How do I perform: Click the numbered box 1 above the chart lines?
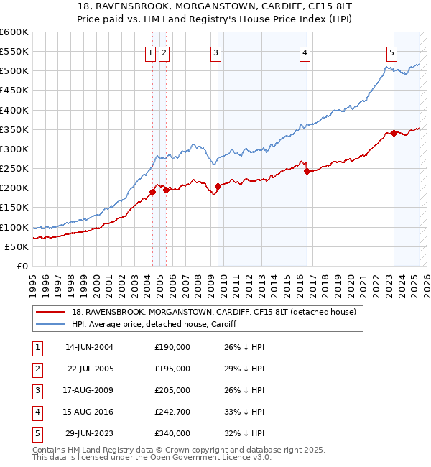coord(151,52)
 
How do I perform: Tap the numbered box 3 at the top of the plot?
coord(216,52)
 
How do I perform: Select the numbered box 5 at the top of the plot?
coord(391,52)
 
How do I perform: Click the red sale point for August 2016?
coord(307,171)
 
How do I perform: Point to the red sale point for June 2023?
coord(394,133)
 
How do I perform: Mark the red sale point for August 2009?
coord(218,186)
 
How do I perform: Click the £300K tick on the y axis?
coord(14,149)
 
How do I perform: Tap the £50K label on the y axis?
coord(17,246)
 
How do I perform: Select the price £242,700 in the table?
coord(172,412)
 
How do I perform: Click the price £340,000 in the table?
coord(172,434)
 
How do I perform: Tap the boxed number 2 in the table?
coord(37,369)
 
